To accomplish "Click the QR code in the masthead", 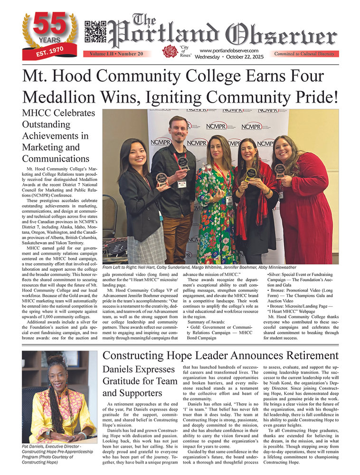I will coord(95,32).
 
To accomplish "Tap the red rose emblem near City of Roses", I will coord(170,51).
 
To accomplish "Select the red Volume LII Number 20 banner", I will coord(115,54).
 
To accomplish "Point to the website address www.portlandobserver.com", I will coord(229,50).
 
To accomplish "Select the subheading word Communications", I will coord(56,158).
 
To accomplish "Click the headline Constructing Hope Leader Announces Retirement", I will coord(220,356).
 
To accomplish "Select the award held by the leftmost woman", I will coord(161,179).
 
